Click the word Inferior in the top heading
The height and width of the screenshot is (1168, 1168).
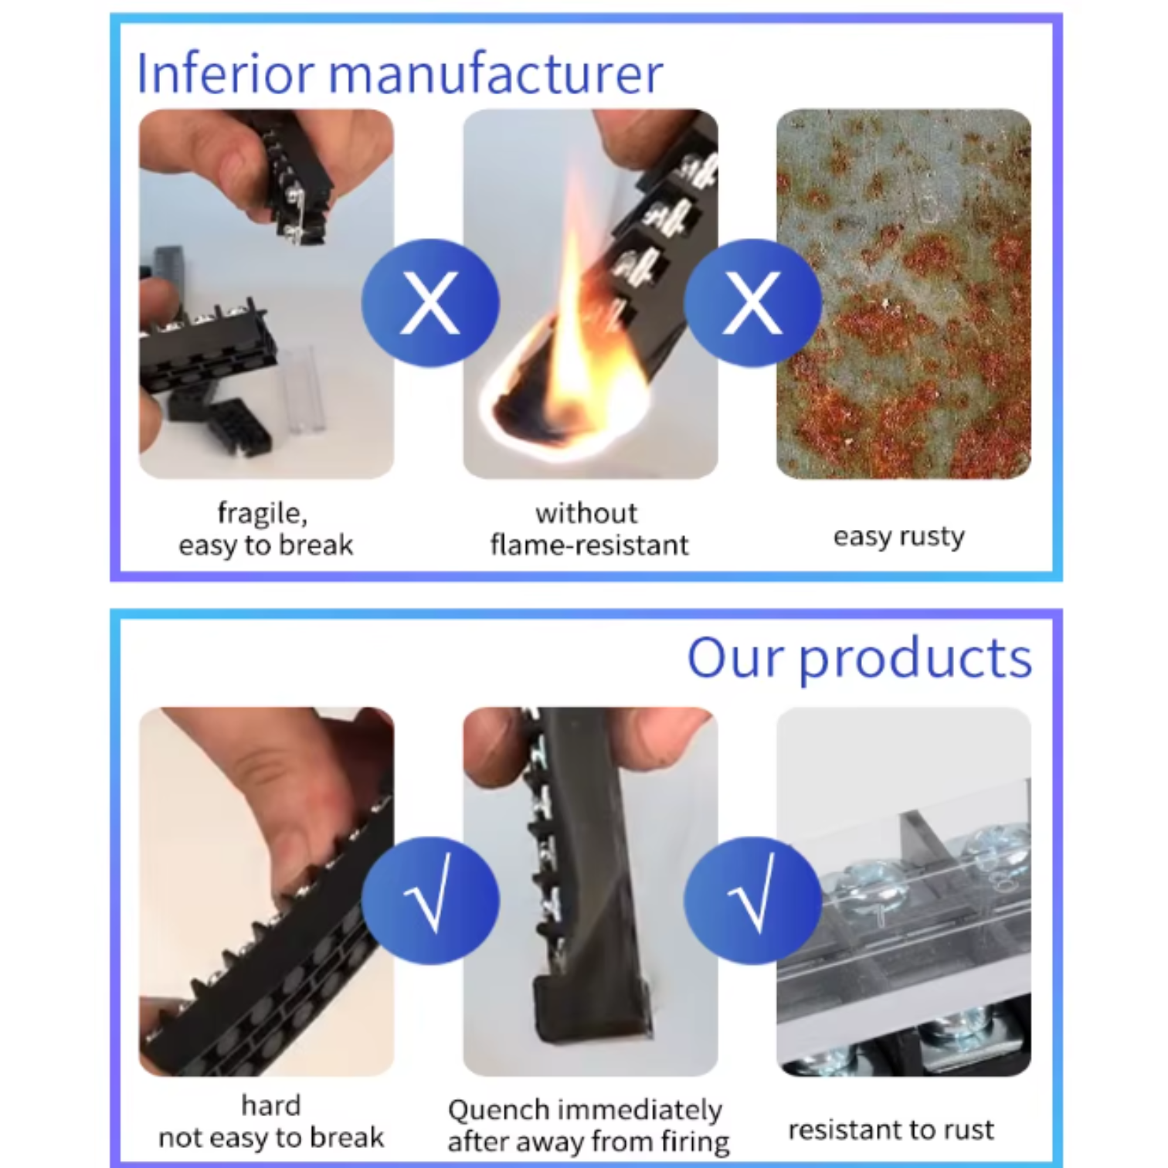tap(225, 73)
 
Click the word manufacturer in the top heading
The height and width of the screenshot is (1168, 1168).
tap(495, 74)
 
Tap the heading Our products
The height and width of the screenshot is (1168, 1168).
tap(859, 659)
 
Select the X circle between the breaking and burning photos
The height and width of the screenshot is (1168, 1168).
tap(430, 302)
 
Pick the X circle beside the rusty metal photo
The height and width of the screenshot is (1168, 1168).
tap(752, 302)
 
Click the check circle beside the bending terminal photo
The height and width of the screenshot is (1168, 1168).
tap(430, 900)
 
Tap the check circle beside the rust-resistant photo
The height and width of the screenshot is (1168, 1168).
tap(752, 900)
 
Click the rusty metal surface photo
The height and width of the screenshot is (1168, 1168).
tap(903, 294)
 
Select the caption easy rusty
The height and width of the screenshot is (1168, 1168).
tap(898, 536)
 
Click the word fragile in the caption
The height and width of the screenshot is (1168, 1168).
tap(262, 513)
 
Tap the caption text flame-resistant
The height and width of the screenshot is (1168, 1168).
tap(589, 545)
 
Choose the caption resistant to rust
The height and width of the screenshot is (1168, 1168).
tap(891, 1129)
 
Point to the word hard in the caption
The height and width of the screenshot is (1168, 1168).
tap(270, 1105)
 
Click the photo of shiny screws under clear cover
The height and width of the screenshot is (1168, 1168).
tap(903, 891)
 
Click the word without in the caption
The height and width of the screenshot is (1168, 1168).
tap(586, 513)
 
